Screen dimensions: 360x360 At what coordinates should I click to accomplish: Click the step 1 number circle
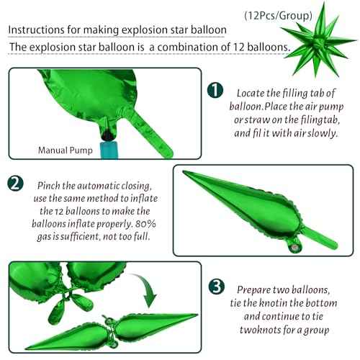pyautogui.click(x=214, y=91)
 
